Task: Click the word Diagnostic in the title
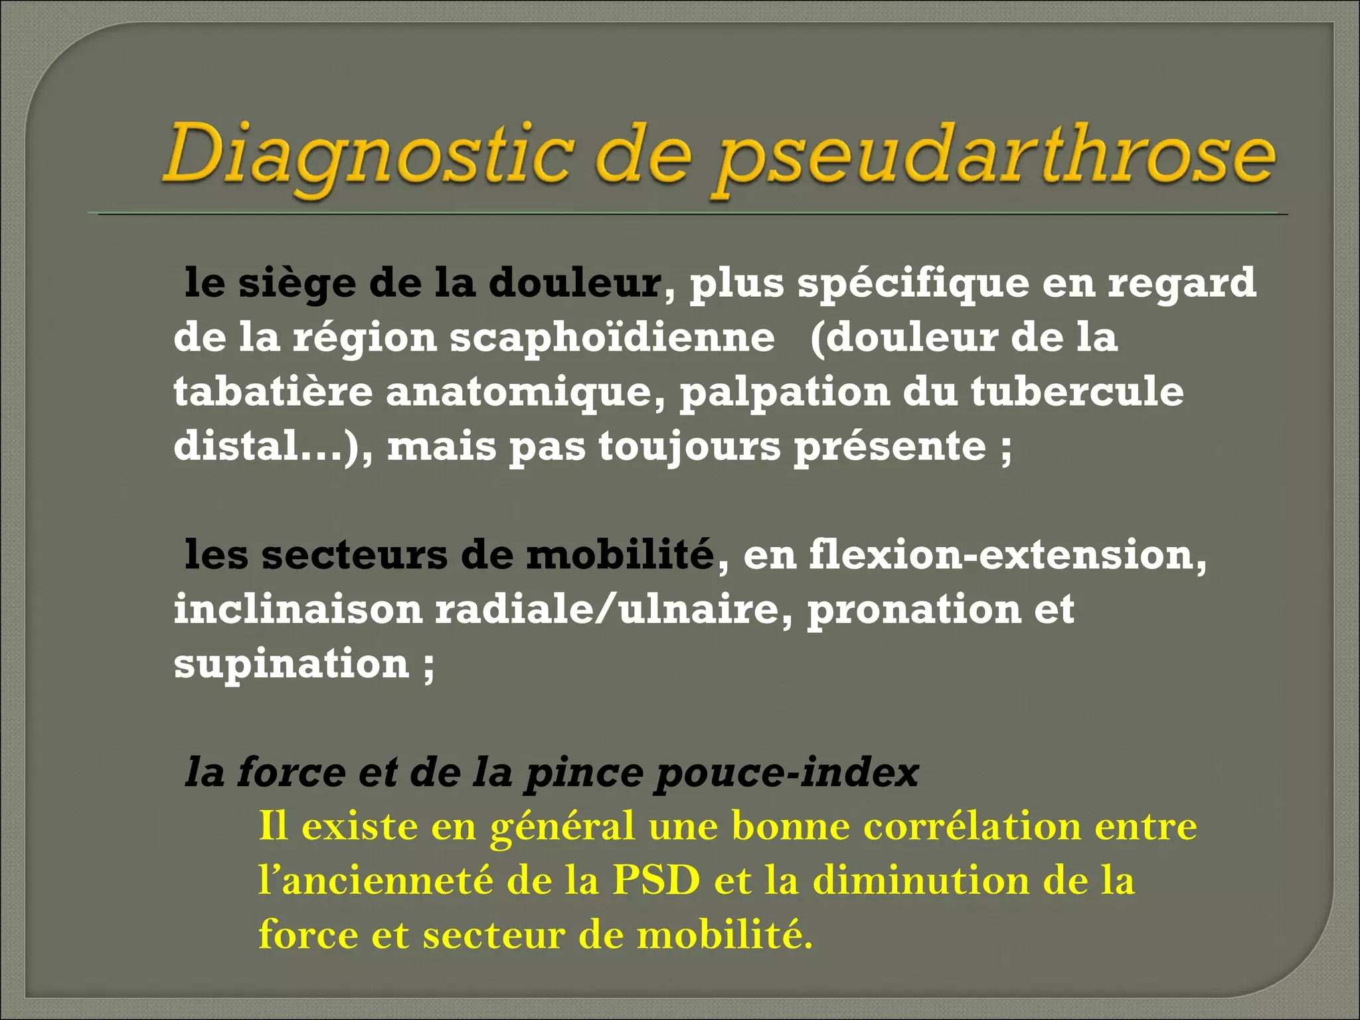click(369, 154)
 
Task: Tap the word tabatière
click(273, 392)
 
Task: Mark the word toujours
click(690, 446)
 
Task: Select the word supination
click(292, 664)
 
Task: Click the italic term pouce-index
click(788, 773)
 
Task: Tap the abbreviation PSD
click(656, 881)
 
